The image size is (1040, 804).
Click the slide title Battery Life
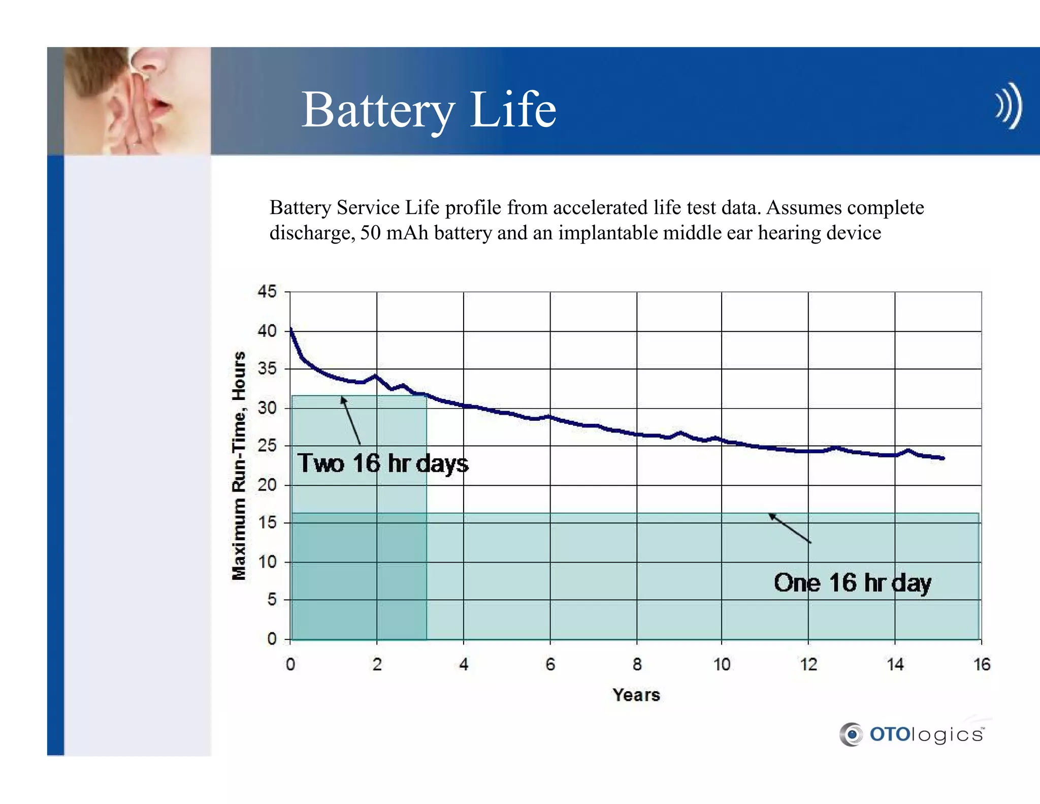point(429,110)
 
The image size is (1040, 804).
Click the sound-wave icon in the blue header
point(1009,106)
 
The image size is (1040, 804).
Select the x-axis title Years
point(636,695)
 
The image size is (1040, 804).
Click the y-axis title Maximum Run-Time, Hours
point(239,465)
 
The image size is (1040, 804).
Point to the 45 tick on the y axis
point(267,292)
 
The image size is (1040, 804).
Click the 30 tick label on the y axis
point(267,408)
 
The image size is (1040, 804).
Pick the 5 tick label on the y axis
point(272,600)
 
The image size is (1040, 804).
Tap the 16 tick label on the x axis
point(982,664)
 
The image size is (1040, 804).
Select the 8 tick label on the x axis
point(637,664)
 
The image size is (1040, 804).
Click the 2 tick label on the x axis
point(377,664)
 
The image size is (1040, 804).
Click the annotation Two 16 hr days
point(383,463)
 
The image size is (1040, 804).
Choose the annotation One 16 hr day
point(852,582)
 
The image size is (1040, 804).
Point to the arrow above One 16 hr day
point(789,528)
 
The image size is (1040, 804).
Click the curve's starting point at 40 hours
point(291,330)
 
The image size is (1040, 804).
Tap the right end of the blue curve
point(942,458)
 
